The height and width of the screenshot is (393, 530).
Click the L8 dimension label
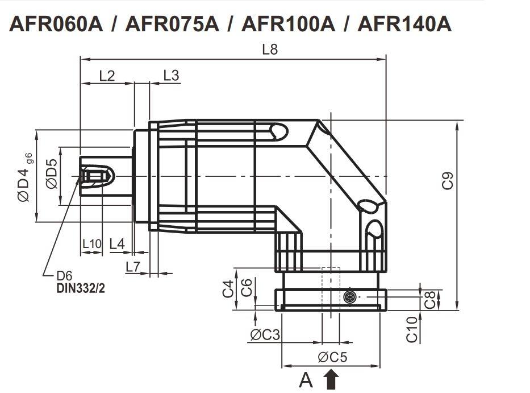270,49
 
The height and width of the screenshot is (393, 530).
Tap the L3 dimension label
171,76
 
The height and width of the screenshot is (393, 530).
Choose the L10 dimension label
91,244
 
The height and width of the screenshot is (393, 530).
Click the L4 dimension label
117,244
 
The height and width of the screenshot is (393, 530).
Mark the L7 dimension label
133,266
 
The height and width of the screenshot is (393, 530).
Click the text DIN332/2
81,288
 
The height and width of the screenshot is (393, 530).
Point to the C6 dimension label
247,288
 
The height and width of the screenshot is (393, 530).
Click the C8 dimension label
431,300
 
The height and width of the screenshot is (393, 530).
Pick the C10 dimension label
412,329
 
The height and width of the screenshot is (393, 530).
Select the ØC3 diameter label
265,334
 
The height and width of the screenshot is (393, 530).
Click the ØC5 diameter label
332,357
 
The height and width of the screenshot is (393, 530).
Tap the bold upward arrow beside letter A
331,379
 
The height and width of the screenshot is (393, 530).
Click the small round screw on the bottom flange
350,297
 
